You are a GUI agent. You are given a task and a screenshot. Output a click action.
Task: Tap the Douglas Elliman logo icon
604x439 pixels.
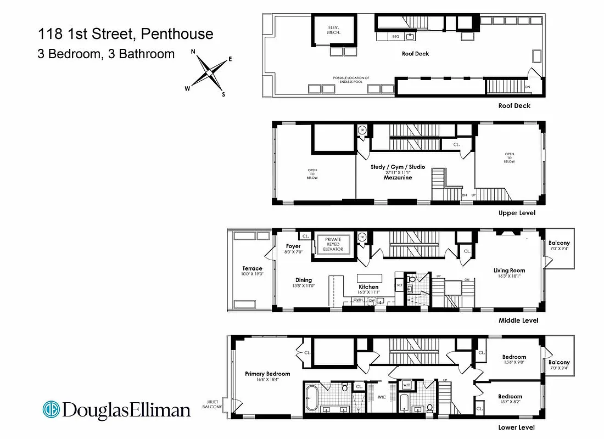point(52,409)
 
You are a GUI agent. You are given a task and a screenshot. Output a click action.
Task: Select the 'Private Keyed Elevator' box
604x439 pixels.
point(333,244)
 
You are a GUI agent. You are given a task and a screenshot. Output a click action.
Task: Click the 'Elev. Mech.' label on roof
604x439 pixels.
point(334,30)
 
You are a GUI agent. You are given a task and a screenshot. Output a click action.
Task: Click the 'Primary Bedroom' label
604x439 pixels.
point(267,374)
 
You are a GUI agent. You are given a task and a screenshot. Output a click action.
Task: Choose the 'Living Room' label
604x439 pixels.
point(509,270)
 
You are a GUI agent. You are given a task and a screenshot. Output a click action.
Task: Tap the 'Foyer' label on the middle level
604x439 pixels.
point(293,246)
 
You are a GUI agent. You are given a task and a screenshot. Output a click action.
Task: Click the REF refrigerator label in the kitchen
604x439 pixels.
point(399,285)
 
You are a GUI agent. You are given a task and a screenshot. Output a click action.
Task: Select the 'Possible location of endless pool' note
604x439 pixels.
point(351,80)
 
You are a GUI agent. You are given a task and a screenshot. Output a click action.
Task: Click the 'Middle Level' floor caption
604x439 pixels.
point(518,320)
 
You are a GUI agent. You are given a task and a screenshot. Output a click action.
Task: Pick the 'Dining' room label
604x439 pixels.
point(304,280)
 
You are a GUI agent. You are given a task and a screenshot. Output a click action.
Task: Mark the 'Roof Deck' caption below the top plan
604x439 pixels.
point(514,106)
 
